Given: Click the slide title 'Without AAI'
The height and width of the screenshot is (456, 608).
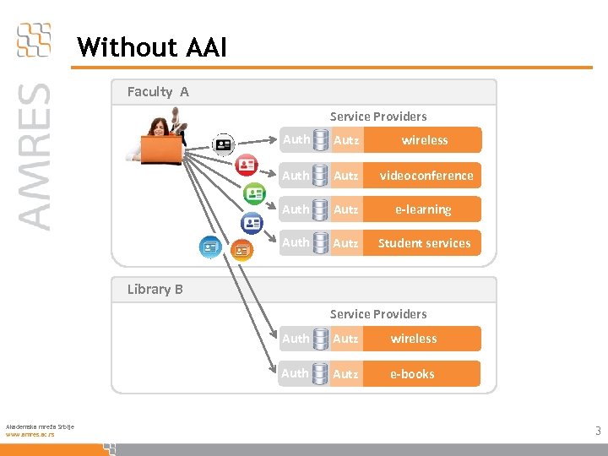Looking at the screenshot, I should (152, 47).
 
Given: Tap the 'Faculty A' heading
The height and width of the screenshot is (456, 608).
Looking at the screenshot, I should (158, 91).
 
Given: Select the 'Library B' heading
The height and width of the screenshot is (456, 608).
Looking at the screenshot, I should (155, 289).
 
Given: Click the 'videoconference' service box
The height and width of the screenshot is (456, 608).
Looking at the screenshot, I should (426, 176).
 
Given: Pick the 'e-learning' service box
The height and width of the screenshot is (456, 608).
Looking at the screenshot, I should (423, 209).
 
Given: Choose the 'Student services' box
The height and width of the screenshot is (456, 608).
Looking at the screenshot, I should (424, 243).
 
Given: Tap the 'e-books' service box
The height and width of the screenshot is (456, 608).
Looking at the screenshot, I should (413, 374).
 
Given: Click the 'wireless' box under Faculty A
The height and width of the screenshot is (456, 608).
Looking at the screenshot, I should (425, 140).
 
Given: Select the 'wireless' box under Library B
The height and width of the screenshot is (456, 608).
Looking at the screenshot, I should (414, 339).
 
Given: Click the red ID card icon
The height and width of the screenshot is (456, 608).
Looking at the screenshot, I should (247, 166).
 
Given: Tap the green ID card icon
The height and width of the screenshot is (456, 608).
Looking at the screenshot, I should (254, 193).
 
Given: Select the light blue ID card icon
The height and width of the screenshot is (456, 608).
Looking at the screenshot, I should (210, 247).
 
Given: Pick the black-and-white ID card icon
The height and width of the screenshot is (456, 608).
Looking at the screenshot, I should (223, 144).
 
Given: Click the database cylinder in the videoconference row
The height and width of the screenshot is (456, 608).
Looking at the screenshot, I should (321, 176).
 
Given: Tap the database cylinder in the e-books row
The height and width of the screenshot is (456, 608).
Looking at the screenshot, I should (321, 373).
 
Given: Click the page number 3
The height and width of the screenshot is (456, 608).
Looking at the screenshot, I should (598, 432).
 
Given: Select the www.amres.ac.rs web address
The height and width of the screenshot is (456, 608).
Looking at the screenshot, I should (30, 434).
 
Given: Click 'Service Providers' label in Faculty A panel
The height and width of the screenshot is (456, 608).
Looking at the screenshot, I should (378, 117).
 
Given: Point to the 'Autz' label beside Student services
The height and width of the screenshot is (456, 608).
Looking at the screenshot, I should (345, 243).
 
